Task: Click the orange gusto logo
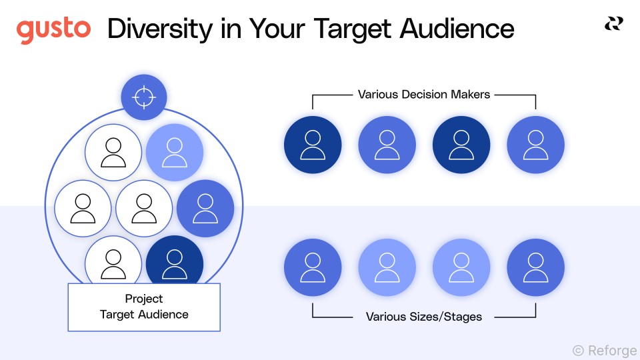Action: pyautogui.click(x=53, y=30)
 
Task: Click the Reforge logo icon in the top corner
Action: pyautogui.click(x=613, y=24)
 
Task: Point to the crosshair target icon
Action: pyautogui.click(x=143, y=97)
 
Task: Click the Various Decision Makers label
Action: pyautogui.click(x=424, y=95)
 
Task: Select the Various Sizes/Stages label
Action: pyautogui.click(x=424, y=317)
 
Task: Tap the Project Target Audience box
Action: pyautogui.click(x=144, y=307)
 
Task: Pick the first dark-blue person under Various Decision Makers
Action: pyautogui.click(x=312, y=145)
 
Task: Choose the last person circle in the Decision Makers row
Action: pyautogui.click(x=535, y=145)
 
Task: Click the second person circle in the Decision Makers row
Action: pyautogui.click(x=387, y=145)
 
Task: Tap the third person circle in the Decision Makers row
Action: pyautogui.click(x=461, y=145)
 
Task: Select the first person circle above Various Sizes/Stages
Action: pyautogui.click(x=312, y=267)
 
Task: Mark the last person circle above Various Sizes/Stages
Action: pyautogui.click(x=535, y=267)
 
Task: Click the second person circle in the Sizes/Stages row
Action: pyautogui.click(x=387, y=267)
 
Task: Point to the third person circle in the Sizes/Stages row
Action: pyautogui.click(x=461, y=267)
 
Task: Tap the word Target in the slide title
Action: pyautogui.click(x=347, y=29)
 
